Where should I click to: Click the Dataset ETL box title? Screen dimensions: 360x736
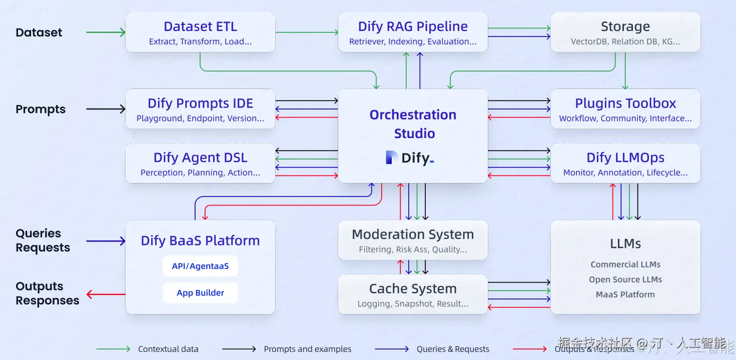[x=200, y=26]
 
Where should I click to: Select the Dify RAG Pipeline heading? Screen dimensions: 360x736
[x=413, y=26]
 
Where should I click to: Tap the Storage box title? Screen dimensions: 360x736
[x=625, y=26]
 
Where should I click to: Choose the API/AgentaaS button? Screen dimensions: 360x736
[x=200, y=266]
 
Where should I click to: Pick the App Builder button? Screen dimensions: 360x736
[x=200, y=293]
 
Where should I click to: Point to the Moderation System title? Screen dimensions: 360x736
[x=413, y=234]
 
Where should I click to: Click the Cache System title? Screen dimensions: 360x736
[x=413, y=288]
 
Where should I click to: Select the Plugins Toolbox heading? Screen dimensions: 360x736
[x=625, y=103]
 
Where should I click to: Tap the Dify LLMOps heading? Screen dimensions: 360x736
[x=625, y=157]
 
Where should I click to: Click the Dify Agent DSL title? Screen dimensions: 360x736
[x=200, y=157]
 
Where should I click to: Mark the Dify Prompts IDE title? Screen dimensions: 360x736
[x=200, y=103]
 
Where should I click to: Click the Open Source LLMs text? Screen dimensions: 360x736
[x=625, y=279]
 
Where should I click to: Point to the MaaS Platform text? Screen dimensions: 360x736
[x=625, y=294]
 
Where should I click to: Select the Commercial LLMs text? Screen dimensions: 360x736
[x=625, y=264]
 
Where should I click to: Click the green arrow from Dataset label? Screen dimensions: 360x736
[x=106, y=32]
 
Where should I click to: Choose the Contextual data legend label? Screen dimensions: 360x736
[x=168, y=349]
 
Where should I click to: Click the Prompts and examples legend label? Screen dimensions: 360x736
[x=307, y=349]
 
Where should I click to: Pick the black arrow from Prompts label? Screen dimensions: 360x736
[x=106, y=109]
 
